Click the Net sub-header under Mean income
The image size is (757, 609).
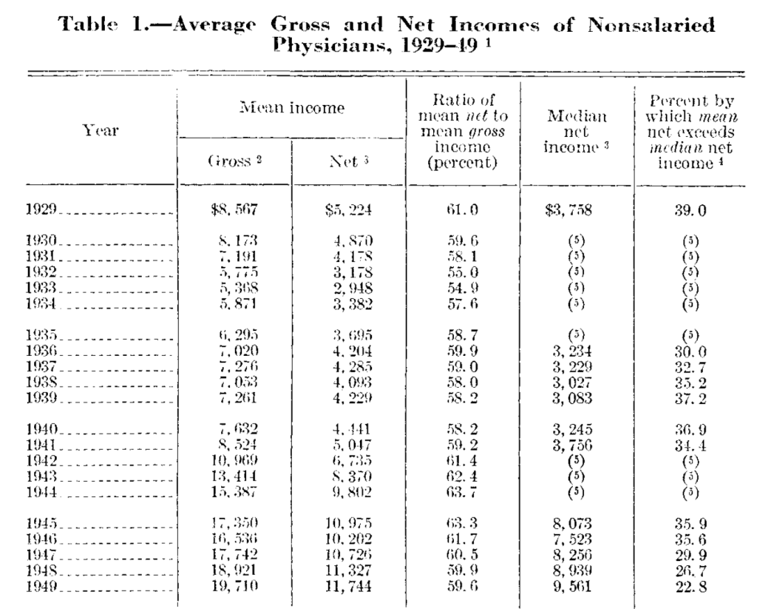tap(347, 163)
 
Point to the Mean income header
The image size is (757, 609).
tap(291, 109)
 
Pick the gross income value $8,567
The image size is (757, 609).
tap(234, 210)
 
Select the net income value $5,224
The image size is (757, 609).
tap(347, 210)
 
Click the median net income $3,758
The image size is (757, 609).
tap(570, 210)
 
